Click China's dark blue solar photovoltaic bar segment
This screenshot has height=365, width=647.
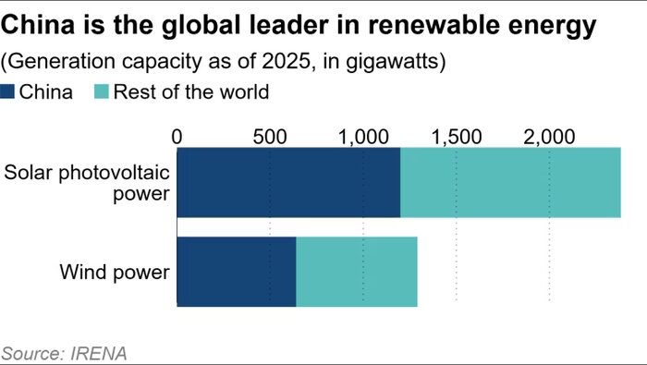[288, 182]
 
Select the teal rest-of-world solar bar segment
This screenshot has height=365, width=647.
[510, 182]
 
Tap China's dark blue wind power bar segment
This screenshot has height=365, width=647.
[237, 272]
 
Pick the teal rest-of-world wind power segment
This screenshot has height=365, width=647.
[357, 272]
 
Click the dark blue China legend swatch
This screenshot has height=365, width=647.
[7, 91]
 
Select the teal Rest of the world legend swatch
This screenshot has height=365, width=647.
[102, 91]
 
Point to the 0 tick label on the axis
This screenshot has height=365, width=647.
[177, 137]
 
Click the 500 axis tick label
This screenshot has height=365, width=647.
[270, 137]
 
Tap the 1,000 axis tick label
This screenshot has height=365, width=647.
[363, 137]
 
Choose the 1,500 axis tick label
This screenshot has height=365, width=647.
[457, 137]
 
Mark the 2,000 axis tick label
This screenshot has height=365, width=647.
[549, 137]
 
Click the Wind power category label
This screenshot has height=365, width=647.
[115, 273]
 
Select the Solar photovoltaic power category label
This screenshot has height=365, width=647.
[87, 183]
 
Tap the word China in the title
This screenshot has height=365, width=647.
[38, 25]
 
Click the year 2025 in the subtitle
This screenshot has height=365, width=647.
[286, 62]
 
